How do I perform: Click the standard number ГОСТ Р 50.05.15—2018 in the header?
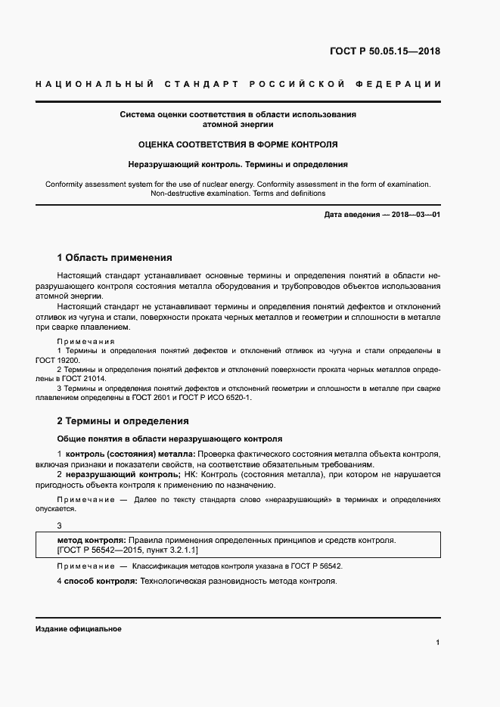pyautogui.click(x=384, y=52)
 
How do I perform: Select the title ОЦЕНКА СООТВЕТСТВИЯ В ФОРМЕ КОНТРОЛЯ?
pyautogui.click(x=238, y=144)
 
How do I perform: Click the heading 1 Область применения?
pyautogui.click(x=115, y=258)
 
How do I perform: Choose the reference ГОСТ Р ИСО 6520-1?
pyautogui.click(x=220, y=397)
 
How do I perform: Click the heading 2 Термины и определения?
pyautogui.click(x=123, y=420)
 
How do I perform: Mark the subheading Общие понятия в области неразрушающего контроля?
pyautogui.click(x=169, y=438)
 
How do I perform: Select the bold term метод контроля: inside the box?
pyautogui.click(x=92, y=541)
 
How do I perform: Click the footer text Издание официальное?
pyautogui.click(x=79, y=629)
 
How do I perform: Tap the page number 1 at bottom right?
pyautogui.click(x=438, y=643)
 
